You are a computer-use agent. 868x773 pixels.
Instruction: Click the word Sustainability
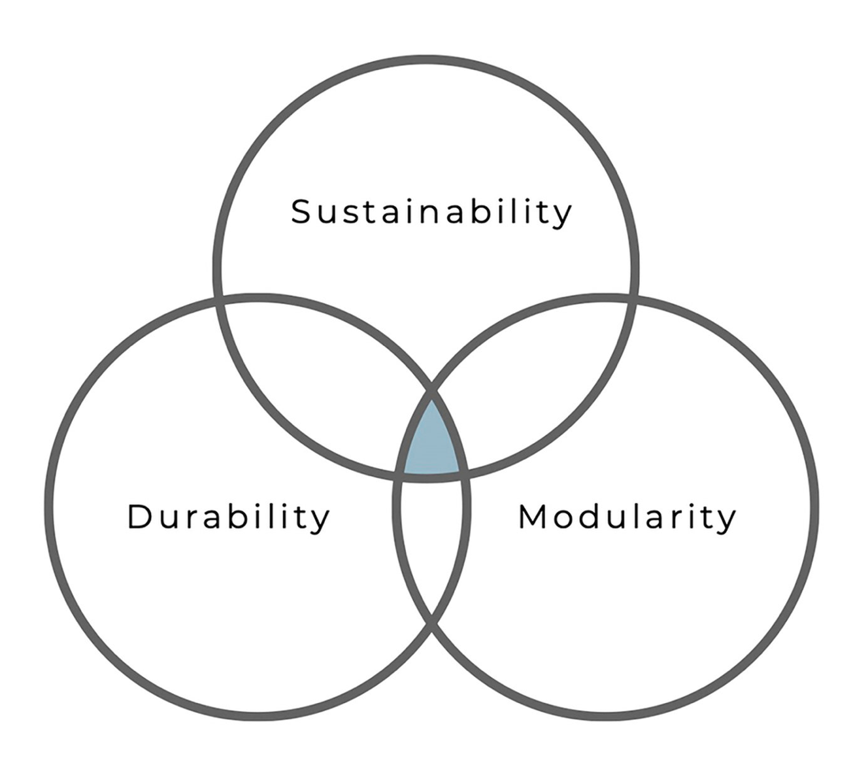pos(431,212)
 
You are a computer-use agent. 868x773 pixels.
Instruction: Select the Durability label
pos(229,517)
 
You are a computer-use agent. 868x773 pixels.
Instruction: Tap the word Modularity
pos(627,517)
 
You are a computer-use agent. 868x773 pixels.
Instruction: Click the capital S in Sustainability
pos(300,212)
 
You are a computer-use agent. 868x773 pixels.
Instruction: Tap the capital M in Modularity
pos(532,517)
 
